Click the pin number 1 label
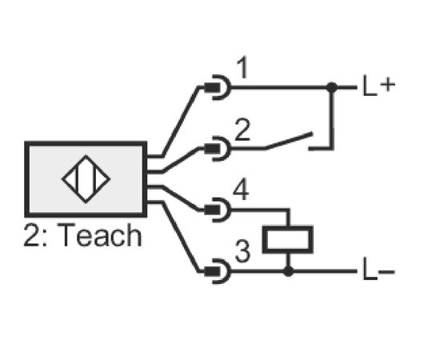click(242, 68)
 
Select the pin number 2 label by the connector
click(242, 130)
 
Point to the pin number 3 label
click(242, 251)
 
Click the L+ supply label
click(379, 86)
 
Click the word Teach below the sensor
click(100, 235)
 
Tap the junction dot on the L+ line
click(332, 87)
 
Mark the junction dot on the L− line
click(288, 271)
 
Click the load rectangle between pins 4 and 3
click(288, 240)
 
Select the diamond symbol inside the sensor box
click(86, 179)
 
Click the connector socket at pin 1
click(218, 87)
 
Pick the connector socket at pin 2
click(218, 149)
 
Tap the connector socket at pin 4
click(218, 210)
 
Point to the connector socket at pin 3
click(218, 271)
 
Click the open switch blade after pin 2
click(289, 141)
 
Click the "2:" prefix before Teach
click(35, 235)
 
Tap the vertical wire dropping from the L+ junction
click(332, 118)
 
